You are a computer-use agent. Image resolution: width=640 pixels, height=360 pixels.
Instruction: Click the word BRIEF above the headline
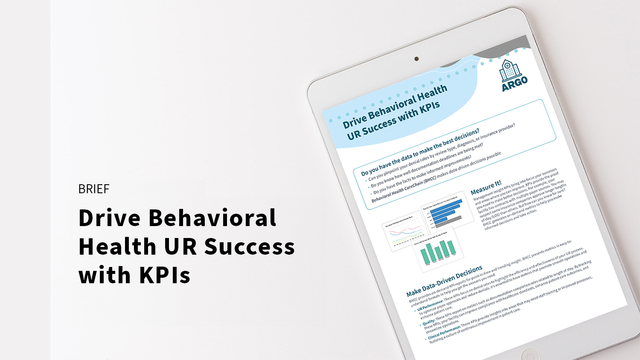point(94,189)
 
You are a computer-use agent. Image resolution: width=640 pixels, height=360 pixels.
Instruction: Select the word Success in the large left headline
point(250,247)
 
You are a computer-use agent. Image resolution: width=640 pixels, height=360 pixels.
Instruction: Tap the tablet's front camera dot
point(416,59)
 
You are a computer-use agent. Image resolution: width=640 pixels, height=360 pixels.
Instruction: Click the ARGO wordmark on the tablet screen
point(515,83)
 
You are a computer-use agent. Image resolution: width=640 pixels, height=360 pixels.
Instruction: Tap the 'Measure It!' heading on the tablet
point(486,188)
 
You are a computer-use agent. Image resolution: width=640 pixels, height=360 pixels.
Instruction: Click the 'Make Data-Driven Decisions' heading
point(444,282)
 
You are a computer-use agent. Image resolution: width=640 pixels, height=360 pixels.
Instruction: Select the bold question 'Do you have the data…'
point(420,152)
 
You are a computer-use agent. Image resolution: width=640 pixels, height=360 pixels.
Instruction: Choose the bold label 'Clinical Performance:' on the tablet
point(444,332)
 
